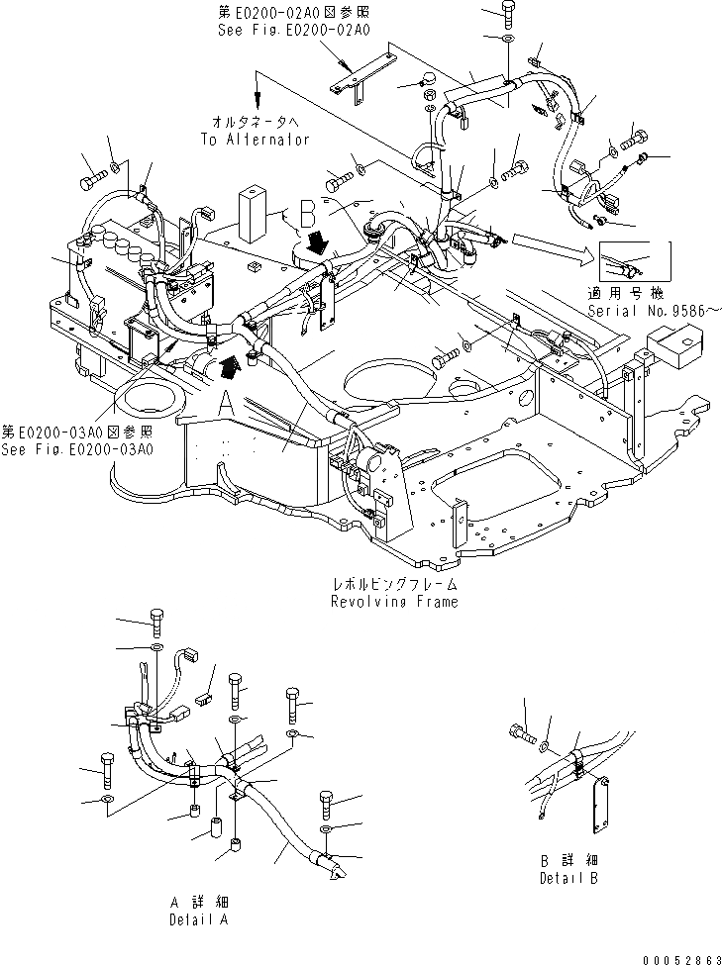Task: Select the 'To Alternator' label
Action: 256,140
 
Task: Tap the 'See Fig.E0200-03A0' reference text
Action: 77,449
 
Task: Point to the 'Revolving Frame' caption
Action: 395,602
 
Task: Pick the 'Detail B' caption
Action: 568,878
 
